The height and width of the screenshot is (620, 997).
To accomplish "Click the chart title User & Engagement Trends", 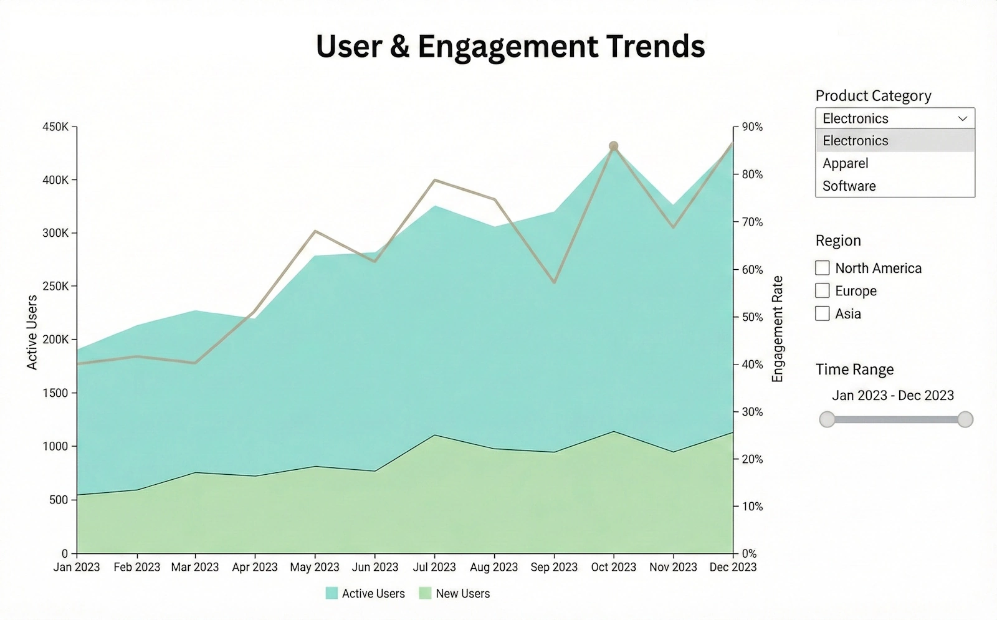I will (x=510, y=46).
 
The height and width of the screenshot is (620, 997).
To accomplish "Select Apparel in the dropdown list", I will (x=845, y=163).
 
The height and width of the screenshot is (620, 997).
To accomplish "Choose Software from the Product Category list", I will (x=849, y=186).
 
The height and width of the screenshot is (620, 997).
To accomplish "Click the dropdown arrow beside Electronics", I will (x=962, y=118).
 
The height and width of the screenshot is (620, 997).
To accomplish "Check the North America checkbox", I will (x=823, y=268).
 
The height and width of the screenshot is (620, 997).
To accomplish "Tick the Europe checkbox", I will (x=823, y=291).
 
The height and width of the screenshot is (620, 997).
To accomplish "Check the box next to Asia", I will (x=823, y=313).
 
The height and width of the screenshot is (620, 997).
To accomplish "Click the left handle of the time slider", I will (x=827, y=419).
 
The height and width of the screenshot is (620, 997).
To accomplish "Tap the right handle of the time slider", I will (x=965, y=419).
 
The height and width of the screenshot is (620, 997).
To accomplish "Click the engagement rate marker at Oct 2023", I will (x=613, y=146).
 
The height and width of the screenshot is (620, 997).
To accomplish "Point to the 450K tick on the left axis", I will (x=55, y=126).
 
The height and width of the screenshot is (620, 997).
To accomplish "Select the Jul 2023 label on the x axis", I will (x=434, y=567).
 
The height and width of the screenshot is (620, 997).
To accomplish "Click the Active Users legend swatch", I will (x=332, y=593).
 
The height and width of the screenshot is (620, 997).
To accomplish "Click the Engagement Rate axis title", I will (x=777, y=329).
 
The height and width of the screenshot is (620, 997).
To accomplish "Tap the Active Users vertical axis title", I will (x=32, y=332).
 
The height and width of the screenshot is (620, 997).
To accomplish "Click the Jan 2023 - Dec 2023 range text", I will (x=892, y=395).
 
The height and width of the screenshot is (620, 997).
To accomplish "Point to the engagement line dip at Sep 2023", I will (x=554, y=282).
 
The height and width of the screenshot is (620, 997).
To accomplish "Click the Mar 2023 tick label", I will (x=195, y=567).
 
